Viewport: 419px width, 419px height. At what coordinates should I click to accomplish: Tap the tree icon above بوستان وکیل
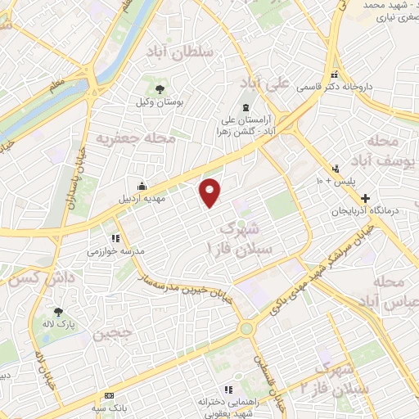click(x=160, y=89)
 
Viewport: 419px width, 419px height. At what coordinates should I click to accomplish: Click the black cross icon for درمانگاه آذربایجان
click(x=365, y=198)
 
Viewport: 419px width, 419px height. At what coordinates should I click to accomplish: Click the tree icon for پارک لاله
click(x=58, y=311)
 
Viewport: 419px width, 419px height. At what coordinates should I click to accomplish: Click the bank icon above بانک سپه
click(x=108, y=395)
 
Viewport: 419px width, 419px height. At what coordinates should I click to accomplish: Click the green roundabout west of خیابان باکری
click(x=246, y=329)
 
